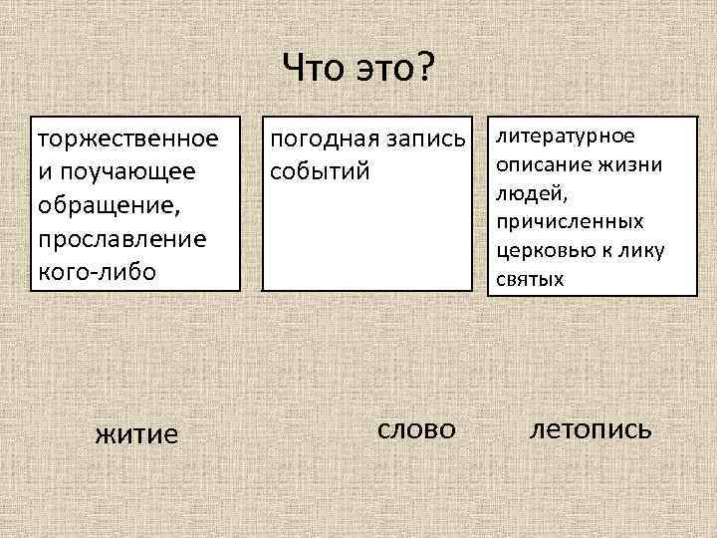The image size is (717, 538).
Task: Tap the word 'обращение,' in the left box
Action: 99,205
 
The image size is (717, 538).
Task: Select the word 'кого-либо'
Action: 97,271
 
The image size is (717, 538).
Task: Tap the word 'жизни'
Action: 628,163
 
